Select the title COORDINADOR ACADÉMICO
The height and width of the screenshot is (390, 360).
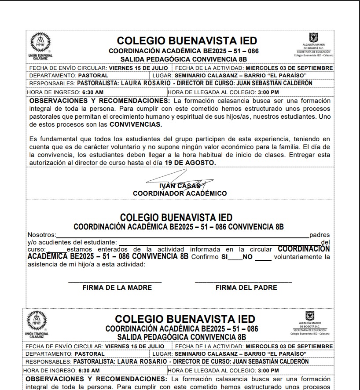pos(180,193)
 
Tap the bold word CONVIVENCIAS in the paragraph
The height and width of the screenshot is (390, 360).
pos(136,124)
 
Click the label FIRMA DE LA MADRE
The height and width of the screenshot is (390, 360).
pos(117,288)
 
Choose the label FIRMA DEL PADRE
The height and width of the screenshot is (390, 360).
pos(246,288)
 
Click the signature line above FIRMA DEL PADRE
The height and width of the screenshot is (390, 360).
pos(243,282)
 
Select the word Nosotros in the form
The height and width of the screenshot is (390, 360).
pos(41,235)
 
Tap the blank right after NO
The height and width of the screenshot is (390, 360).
pos(263,259)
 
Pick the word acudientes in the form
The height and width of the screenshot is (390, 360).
pos(51,242)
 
